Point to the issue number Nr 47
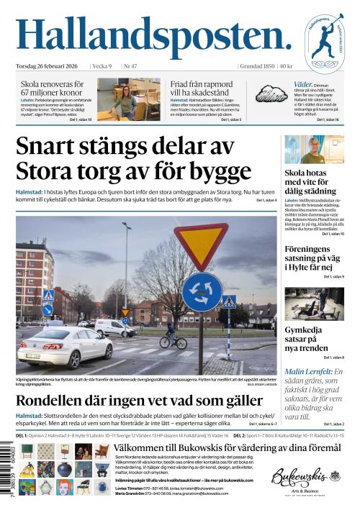(130, 67)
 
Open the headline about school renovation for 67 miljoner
(53, 88)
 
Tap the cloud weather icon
(273, 94)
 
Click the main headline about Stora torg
(133, 158)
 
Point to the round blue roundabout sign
(202, 291)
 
